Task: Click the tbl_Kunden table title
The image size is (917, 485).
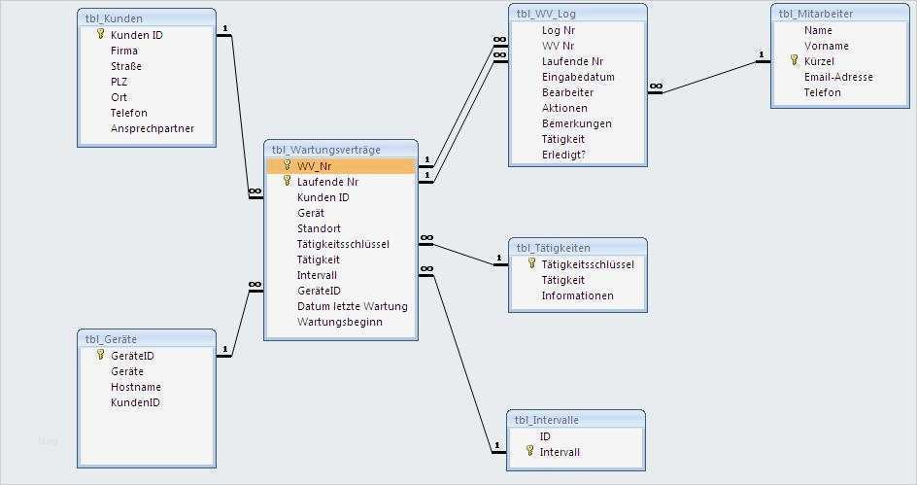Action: tap(114, 18)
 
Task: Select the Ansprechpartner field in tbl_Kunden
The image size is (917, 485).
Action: tap(152, 128)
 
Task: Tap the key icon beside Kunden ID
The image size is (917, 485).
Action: tap(100, 34)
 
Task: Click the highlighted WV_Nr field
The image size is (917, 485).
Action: tap(314, 166)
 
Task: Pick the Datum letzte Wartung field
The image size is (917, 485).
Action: tap(352, 306)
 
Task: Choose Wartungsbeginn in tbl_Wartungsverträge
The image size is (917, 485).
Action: tap(339, 322)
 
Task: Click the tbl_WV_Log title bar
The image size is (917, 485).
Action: tap(546, 14)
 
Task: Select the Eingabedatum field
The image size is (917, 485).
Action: tap(577, 77)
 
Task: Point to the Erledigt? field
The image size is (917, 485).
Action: tap(563, 155)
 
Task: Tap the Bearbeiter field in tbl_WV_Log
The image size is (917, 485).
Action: tap(567, 92)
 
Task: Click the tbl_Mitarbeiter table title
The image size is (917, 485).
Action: tap(814, 14)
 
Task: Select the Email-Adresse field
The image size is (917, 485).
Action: tap(837, 77)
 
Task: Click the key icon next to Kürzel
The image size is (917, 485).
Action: tap(794, 61)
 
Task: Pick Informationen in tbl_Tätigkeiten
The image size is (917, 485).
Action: tap(577, 295)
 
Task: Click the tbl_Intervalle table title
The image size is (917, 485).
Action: tap(547, 420)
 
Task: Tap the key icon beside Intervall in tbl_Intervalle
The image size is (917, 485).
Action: tap(529, 451)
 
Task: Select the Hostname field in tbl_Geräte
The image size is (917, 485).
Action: tap(136, 387)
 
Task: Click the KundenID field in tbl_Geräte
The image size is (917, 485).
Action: tap(135, 402)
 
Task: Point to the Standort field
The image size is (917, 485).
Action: tap(319, 228)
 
